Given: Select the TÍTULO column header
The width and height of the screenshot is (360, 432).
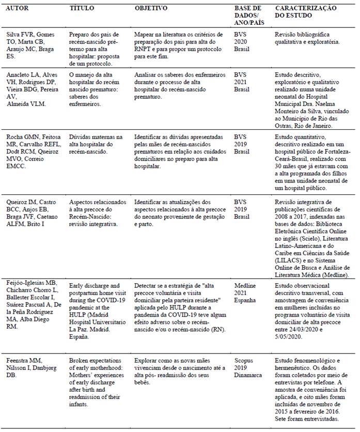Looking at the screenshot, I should point(82,9).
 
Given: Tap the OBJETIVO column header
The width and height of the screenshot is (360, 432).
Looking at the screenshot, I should point(151,9).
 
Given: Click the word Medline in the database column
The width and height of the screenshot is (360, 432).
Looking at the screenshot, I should point(245,285).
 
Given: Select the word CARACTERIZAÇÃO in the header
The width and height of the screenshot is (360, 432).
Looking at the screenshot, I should point(305,9).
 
